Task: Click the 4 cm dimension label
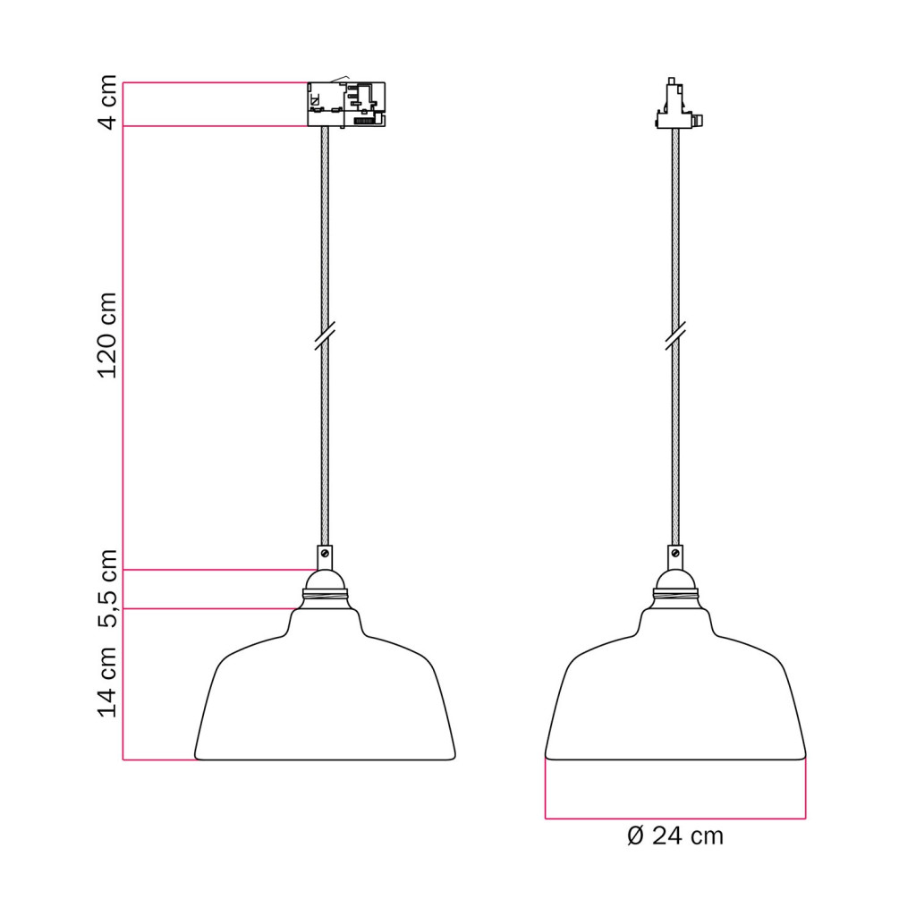tap(108, 103)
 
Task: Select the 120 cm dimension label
tap(108, 335)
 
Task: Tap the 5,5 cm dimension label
tap(108, 589)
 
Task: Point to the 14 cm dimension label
tap(108, 682)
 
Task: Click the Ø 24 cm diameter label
tap(675, 836)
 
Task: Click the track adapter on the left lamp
tap(346, 104)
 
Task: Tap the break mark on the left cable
tap(325, 336)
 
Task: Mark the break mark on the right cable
tap(675, 336)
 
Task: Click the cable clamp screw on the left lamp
tap(325, 552)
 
